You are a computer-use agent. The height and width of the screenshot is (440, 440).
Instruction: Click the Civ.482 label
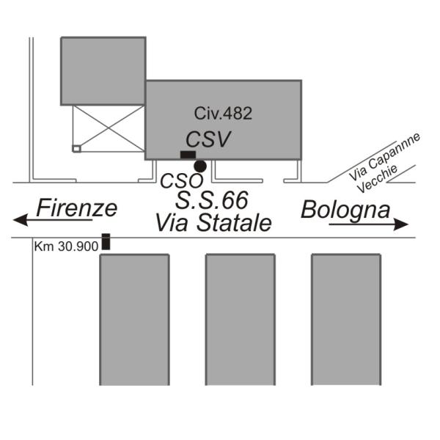pos(223,113)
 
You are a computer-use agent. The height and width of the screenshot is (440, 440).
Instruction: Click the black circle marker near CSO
pos(200,166)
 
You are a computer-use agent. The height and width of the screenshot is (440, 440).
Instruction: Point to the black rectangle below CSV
pos(188,154)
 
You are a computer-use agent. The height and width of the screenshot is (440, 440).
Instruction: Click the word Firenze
pos(77,208)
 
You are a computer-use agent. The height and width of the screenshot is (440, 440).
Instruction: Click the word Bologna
pos(345,209)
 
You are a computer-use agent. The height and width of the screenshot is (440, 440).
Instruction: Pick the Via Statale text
pos(213,222)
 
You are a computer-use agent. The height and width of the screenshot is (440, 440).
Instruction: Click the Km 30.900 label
pos(66,247)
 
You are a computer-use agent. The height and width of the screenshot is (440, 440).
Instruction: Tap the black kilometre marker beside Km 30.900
pos(106,241)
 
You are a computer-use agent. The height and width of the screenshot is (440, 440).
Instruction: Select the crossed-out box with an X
pos(109,128)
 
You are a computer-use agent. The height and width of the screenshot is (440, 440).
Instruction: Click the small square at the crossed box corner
pos(76,148)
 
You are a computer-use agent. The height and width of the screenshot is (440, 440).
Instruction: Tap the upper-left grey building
pos(103,70)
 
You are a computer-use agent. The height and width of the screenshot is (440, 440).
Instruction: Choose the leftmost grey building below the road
pos(134,319)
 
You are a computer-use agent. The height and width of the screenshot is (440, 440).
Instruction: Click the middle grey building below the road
pos(240,319)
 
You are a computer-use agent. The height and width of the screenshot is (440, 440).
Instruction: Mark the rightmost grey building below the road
pos(345,319)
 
